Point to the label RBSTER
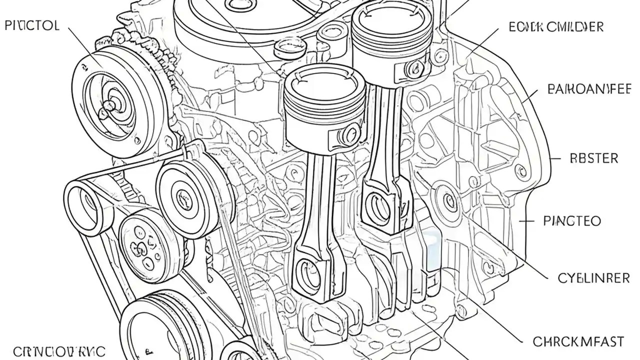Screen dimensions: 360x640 pos(594,158)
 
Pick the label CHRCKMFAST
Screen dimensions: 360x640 pos(578,342)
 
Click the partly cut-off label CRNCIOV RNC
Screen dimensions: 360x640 pos(52,352)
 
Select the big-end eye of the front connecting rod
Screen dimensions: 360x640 pos(306,273)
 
